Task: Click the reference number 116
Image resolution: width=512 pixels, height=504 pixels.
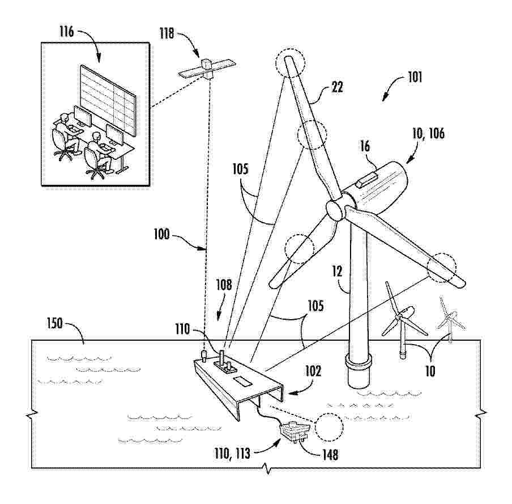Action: coord(67,32)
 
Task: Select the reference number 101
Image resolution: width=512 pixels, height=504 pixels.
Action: coord(415,78)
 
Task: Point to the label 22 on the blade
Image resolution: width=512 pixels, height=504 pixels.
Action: coord(338,87)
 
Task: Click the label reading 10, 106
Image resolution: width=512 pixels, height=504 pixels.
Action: coord(428,134)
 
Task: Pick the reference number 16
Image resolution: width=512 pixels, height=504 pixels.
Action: coord(365,146)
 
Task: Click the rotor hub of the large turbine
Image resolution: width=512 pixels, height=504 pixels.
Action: coord(335,210)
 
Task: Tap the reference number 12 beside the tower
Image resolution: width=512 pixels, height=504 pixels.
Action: coord(338,271)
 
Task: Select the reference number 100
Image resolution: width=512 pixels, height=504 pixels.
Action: coord(161,234)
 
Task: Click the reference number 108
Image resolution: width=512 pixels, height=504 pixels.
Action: coord(224,285)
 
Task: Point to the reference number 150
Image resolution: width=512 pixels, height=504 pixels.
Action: coord(54,323)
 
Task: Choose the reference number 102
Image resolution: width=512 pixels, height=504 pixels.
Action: coord(313,371)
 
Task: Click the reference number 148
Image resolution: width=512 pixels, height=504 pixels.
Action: coord(330,455)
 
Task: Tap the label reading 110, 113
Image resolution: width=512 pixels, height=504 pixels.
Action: coord(232,454)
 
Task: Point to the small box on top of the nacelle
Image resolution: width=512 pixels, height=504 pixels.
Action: coord(368,180)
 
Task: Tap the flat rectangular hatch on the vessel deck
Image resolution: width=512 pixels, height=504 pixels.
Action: coord(242,381)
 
